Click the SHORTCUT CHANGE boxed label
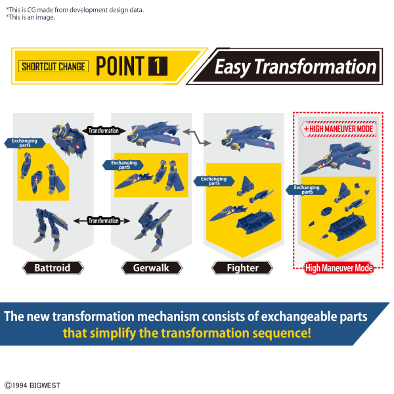54,66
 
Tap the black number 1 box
158,66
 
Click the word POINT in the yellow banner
120,66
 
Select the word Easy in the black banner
232,67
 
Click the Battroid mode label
53,268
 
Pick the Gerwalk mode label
152,268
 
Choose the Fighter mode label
242,268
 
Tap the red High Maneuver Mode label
339,268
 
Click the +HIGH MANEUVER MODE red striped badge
338,129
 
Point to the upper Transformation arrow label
104,131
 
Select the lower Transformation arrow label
102,221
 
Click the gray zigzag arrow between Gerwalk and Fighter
197,137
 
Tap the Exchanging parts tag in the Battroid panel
25,143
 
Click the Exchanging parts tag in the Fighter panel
214,181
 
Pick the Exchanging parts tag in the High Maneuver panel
306,190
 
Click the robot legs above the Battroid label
51,229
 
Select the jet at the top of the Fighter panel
248,139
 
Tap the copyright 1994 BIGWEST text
32,385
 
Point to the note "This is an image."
30,17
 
